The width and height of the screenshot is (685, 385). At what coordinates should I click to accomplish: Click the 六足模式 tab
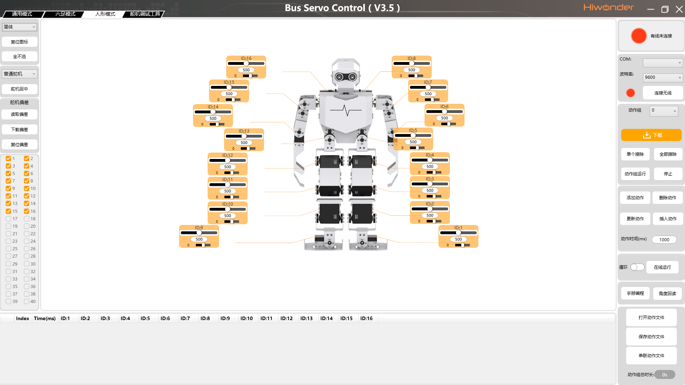click(65, 14)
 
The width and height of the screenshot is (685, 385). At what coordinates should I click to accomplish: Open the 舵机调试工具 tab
click(145, 14)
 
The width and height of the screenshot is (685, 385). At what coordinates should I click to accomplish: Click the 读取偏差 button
click(19, 114)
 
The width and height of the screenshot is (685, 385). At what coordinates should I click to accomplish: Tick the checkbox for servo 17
click(8, 219)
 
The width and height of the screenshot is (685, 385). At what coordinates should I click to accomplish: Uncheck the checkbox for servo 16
click(26, 211)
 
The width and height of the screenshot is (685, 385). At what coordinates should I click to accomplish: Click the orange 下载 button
click(651, 135)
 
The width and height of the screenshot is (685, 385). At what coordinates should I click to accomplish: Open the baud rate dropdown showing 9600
click(663, 77)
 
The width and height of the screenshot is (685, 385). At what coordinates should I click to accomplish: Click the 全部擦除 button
click(668, 154)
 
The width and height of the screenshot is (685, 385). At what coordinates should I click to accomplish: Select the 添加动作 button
click(635, 198)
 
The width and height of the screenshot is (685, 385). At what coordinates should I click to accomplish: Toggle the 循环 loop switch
click(637, 267)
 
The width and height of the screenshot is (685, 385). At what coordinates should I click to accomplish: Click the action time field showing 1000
click(664, 240)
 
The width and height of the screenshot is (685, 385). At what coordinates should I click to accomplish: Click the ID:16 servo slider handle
click(246, 63)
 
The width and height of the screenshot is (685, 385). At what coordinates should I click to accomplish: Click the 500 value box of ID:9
click(199, 240)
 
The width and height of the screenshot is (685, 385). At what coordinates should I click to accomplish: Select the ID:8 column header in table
click(205, 319)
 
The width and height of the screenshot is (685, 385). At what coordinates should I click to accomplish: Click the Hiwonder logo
click(609, 7)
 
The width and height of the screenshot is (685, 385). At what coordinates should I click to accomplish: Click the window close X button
click(679, 9)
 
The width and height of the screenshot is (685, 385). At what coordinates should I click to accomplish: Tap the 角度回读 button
click(668, 294)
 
